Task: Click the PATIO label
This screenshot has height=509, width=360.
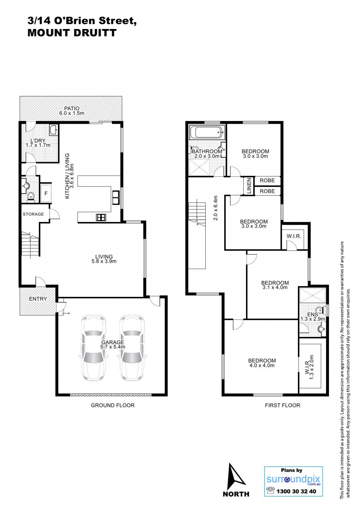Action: tap(72, 108)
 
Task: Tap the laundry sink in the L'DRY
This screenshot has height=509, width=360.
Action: tap(53, 130)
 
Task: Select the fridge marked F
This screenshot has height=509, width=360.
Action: tap(46, 193)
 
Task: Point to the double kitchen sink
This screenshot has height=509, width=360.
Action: tap(116, 198)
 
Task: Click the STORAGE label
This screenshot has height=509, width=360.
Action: tap(33, 214)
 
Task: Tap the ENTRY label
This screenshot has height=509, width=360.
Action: tap(38, 299)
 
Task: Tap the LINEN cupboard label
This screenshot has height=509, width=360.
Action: tap(249, 186)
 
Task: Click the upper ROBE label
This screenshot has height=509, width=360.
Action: tap(267, 180)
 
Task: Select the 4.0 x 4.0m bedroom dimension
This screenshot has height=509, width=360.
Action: tap(261, 365)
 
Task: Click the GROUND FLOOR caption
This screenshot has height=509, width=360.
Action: tap(113, 405)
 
